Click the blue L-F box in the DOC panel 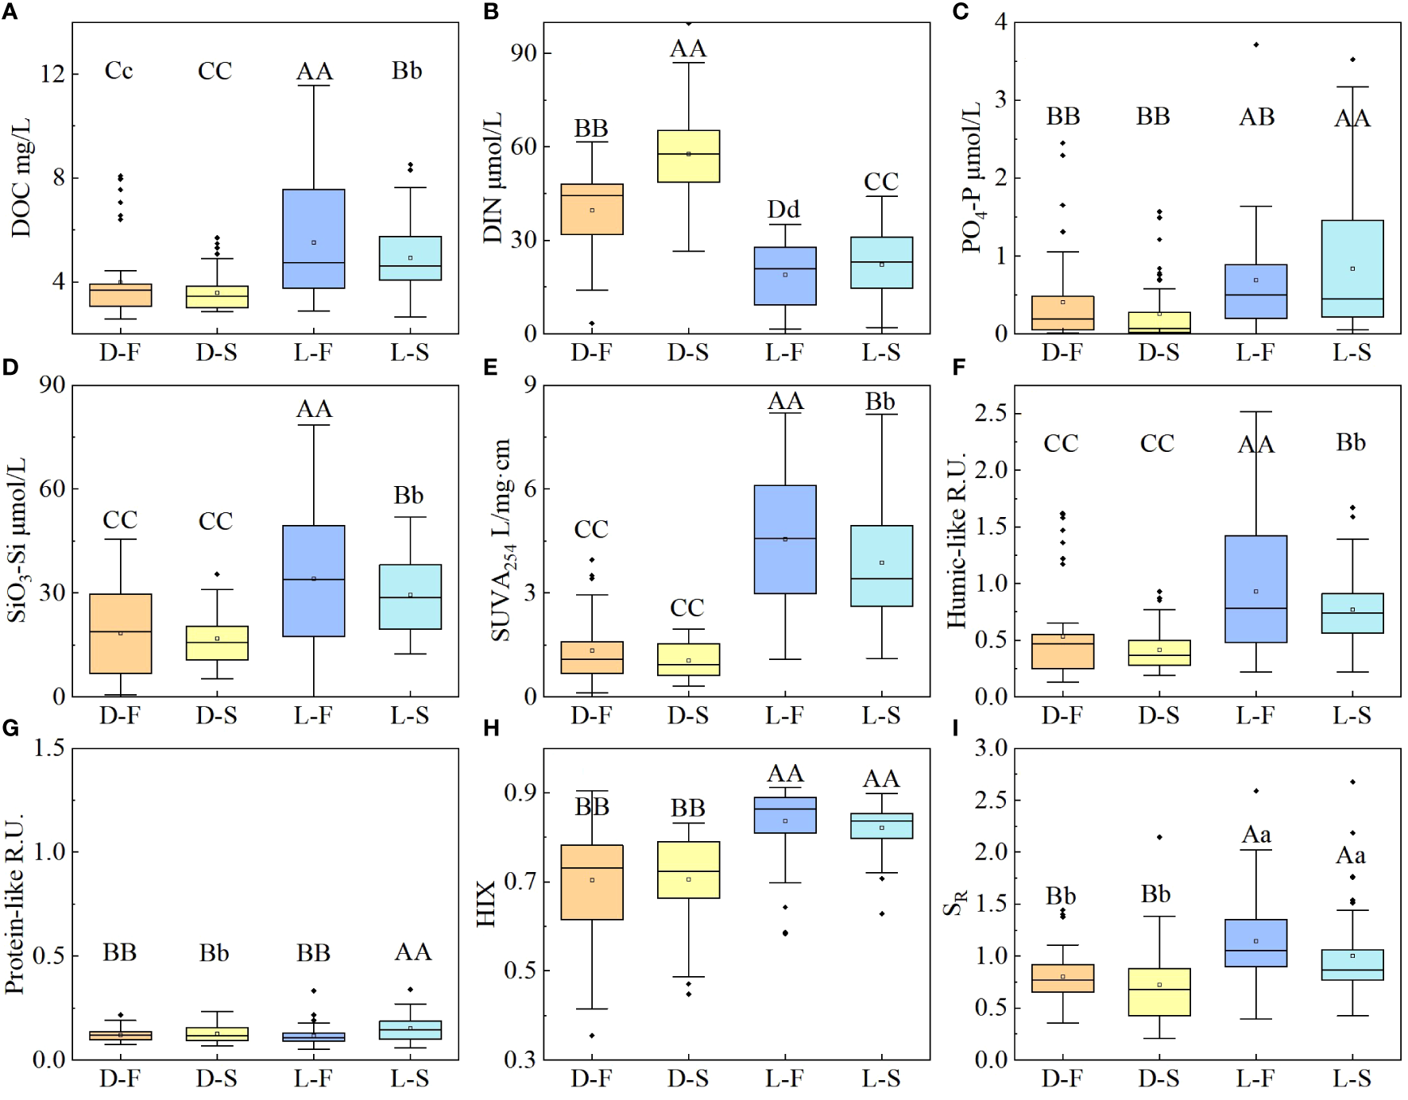coord(314,238)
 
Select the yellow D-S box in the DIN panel coord(688,156)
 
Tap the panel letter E coord(490,368)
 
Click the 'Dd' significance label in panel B coord(783,210)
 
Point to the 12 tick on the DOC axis coord(52,74)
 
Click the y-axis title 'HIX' coord(485,903)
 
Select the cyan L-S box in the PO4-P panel coord(1352,268)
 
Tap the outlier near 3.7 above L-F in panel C coord(1256,44)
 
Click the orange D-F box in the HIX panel coord(592,882)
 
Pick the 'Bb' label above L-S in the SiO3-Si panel coord(408,496)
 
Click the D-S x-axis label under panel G coord(216,1079)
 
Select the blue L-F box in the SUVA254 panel coord(785,539)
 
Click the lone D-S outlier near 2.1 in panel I coord(1159,837)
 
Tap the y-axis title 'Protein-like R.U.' coord(14,903)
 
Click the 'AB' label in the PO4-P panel coord(1257,118)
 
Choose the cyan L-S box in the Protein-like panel coord(410,1030)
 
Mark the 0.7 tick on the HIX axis coord(520,882)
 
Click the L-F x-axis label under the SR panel coord(1255,1079)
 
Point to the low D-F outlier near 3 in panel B coord(592,323)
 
